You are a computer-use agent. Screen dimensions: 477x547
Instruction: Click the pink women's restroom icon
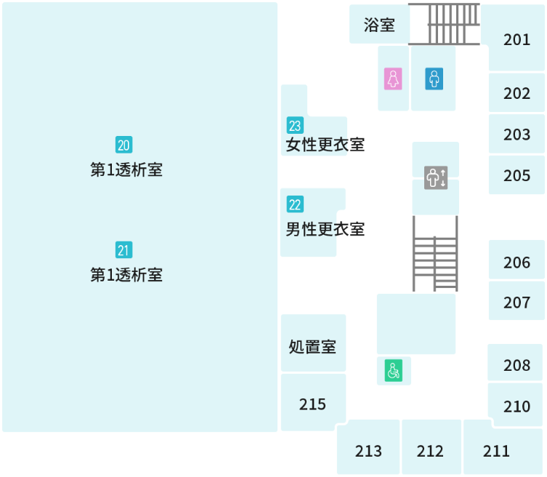tap(393, 79)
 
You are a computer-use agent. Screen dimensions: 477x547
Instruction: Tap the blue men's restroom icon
tap(434, 79)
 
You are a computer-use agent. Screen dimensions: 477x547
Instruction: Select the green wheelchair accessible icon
tap(393, 372)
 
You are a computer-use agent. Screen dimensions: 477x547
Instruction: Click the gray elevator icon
tap(436, 177)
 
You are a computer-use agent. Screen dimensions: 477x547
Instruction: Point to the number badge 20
tap(124, 145)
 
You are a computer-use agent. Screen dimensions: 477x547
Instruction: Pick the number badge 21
tap(124, 250)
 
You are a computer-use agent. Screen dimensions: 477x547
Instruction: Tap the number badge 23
tap(295, 125)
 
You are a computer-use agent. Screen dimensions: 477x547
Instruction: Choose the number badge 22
tap(295, 204)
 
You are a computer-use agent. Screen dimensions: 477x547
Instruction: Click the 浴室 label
tap(379, 25)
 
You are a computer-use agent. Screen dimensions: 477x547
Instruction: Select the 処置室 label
tap(312, 346)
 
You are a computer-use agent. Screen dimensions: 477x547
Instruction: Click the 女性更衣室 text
tap(325, 145)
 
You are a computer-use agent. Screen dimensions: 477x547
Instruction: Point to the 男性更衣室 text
tap(325, 229)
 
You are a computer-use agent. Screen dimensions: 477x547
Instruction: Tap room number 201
tap(516, 39)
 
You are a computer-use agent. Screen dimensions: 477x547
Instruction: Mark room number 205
tap(516, 175)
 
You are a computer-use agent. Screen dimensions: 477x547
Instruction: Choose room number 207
tap(516, 302)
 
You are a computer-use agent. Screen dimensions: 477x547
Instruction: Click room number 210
tap(516, 406)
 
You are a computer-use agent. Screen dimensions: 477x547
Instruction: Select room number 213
tap(368, 451)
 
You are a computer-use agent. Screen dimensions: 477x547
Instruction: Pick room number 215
tap(312, 404)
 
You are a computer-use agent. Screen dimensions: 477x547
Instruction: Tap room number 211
tap(496, 451)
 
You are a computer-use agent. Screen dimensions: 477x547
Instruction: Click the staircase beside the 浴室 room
tap(445, 24)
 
